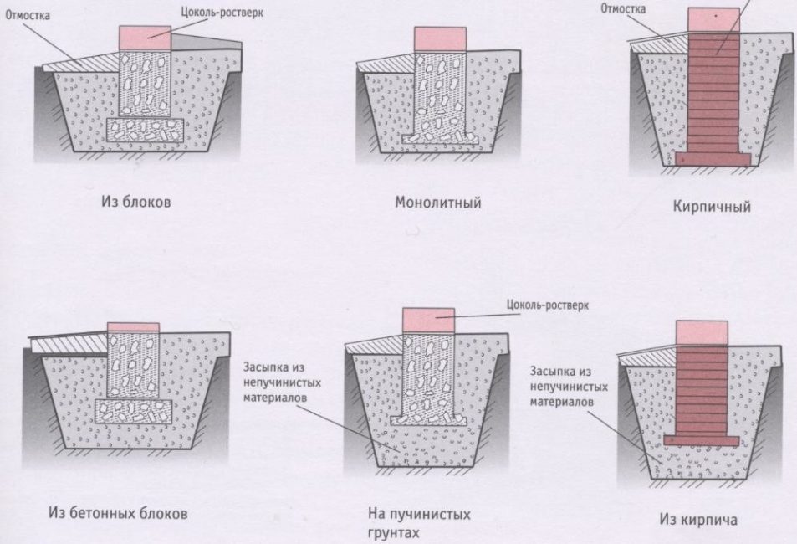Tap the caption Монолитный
click(x=437, y=203)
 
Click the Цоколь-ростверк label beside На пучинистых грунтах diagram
click(x=548, y=305)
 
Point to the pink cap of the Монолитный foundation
click(x=440, y=38)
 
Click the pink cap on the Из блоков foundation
click(x=146, y=37)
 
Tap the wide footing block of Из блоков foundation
click(x=147, y=130)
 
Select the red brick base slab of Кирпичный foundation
click(x=713, y=156)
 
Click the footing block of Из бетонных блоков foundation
click(x=134, y=410)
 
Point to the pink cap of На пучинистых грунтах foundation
click(x=429, y=319)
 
